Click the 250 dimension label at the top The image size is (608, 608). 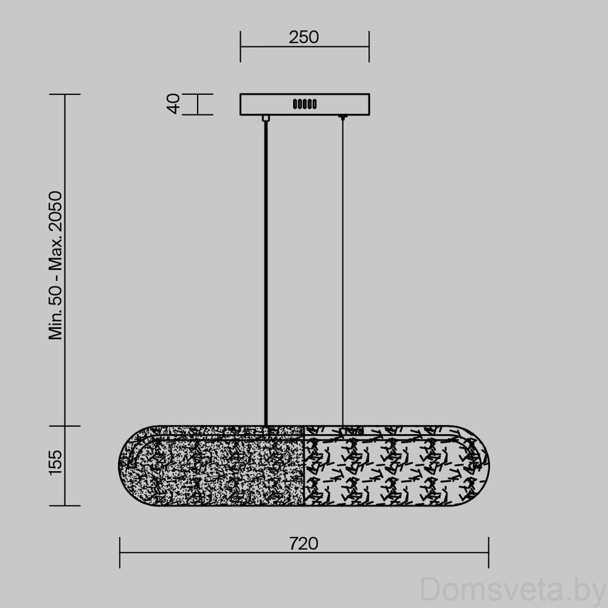304,37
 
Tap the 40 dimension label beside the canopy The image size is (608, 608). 173,104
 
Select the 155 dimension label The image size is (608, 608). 56,463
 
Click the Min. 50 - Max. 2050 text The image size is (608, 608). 56,265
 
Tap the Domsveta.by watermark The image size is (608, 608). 513,589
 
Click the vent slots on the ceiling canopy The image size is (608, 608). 305,104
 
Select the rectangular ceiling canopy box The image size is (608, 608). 305,104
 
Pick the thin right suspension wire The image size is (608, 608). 343,272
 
